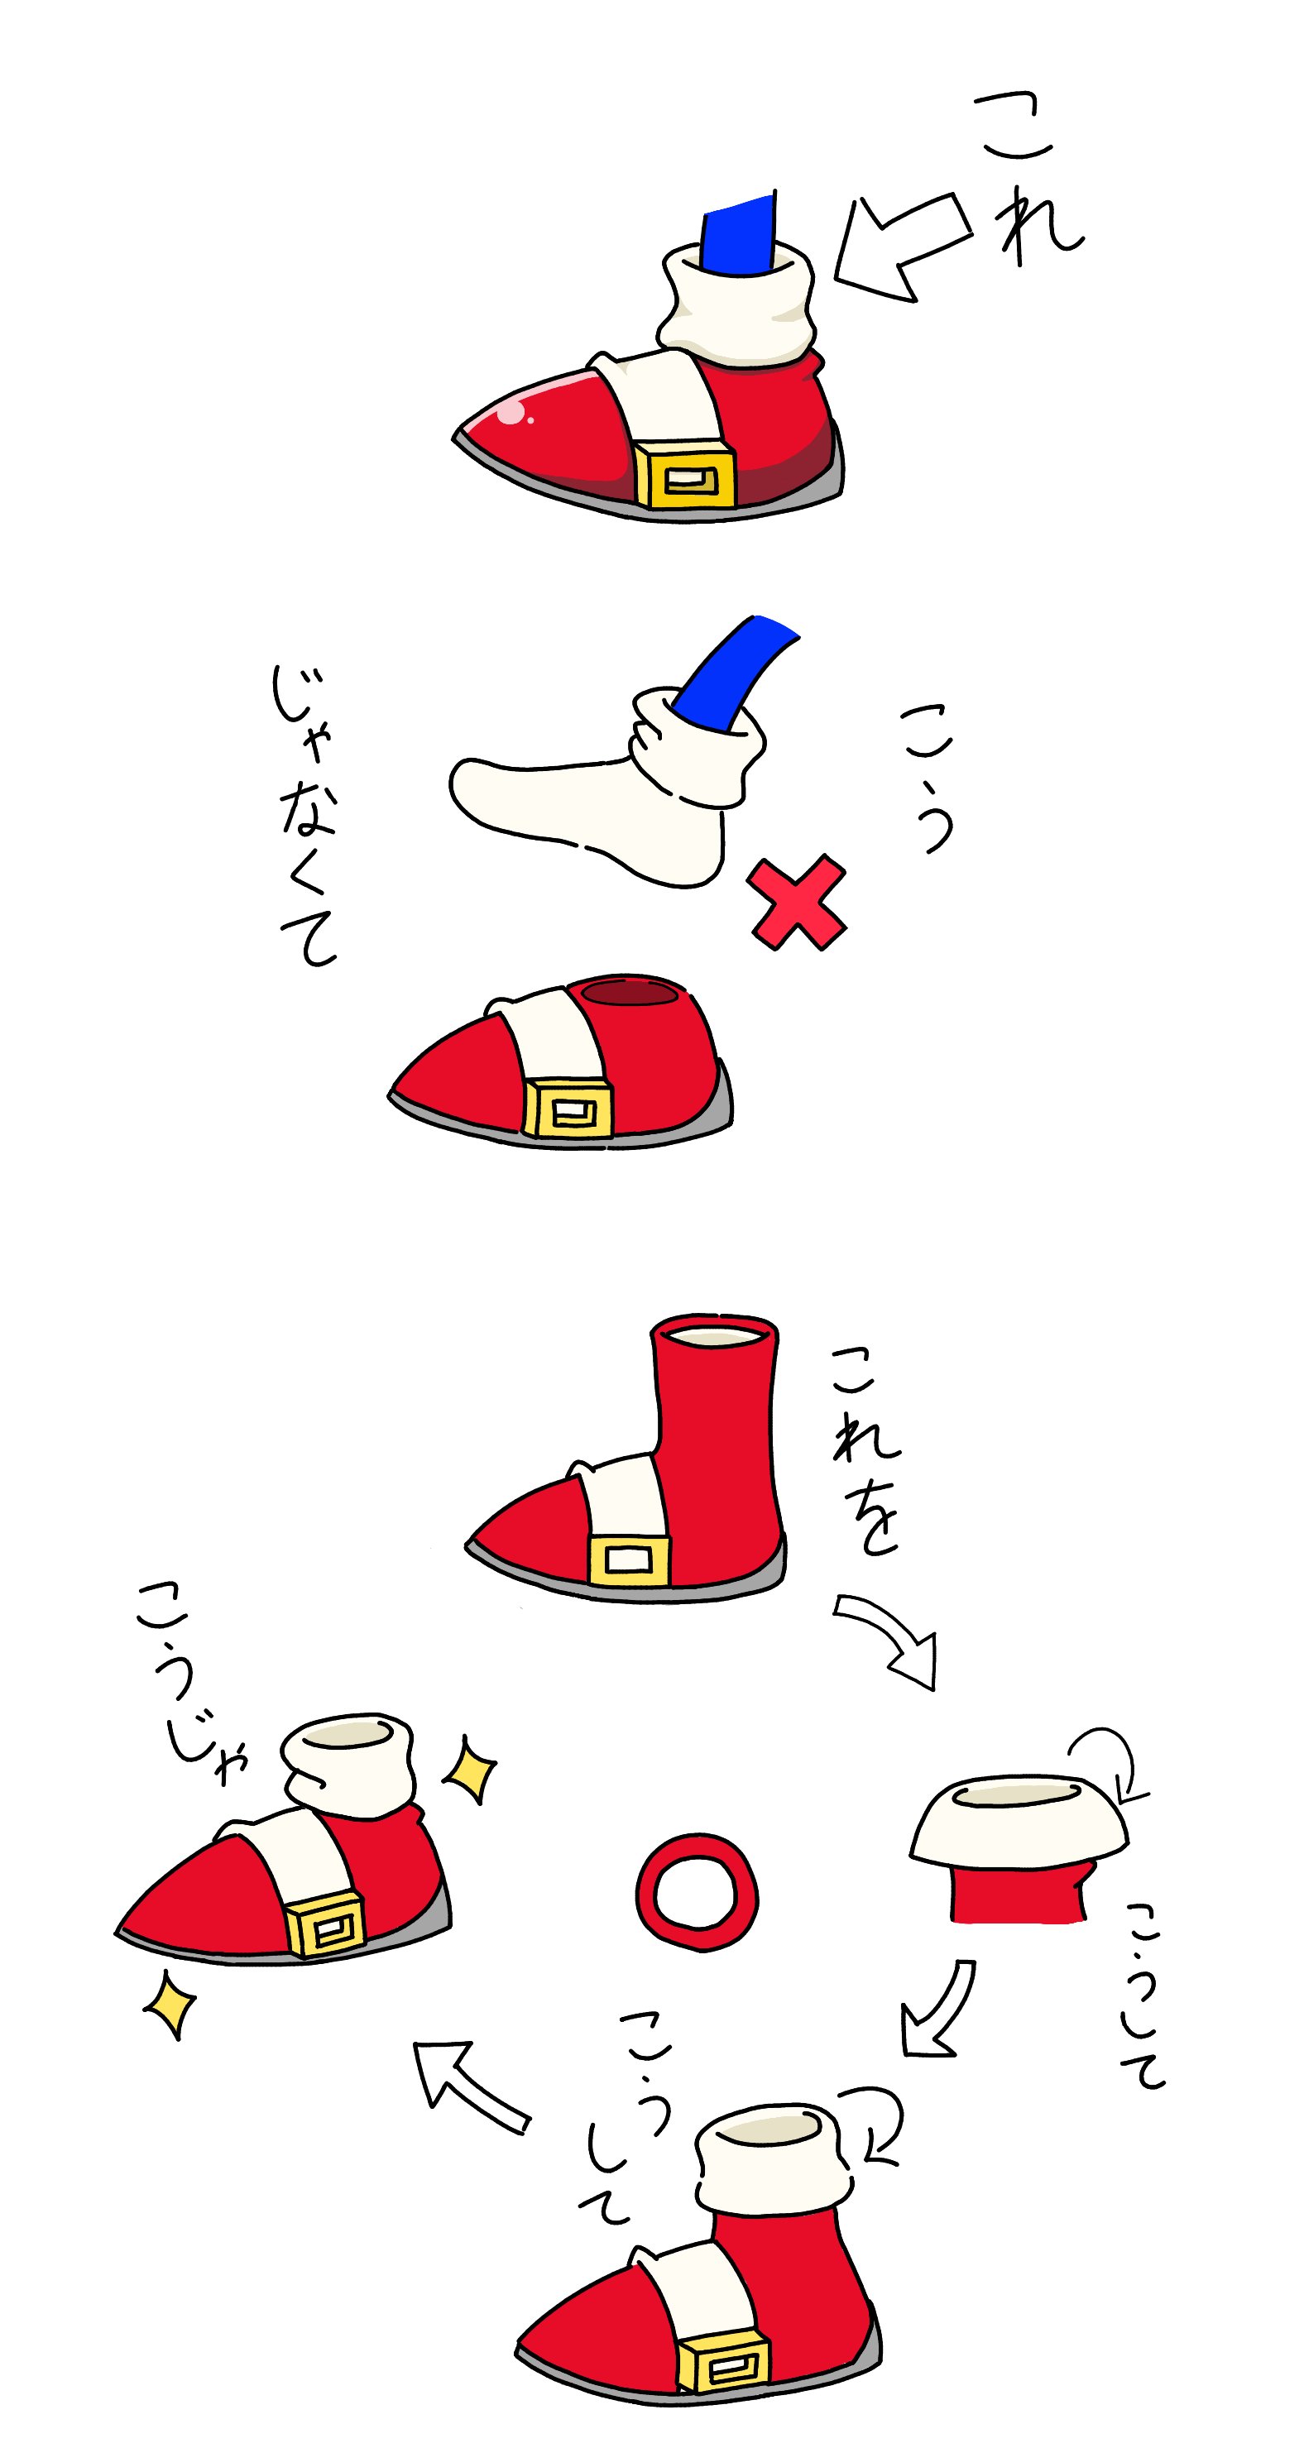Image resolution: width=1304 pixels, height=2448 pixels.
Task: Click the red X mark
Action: coord(797,903)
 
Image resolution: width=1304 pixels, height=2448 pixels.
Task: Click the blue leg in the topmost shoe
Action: coord(739,236)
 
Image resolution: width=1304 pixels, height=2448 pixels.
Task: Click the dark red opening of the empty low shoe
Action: coord(629,993)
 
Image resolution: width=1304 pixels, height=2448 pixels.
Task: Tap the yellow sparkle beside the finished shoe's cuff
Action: coord(472,1769)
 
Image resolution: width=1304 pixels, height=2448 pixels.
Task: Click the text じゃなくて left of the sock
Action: coord(305,816)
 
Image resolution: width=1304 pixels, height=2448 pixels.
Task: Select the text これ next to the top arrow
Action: coord(1029,178)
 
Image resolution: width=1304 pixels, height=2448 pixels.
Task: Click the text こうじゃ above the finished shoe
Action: coord(190,1683)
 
